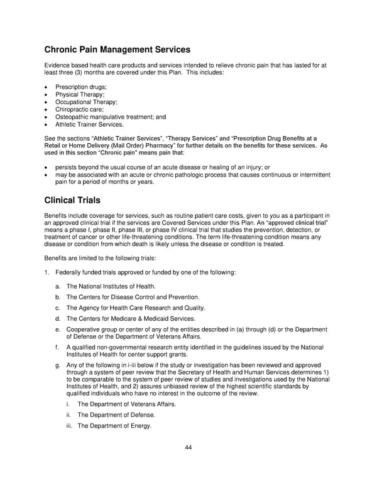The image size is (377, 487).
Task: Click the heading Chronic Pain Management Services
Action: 117,50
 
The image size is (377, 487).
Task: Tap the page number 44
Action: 188,447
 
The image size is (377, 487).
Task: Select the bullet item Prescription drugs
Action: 81,87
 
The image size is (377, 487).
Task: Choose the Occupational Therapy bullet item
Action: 86,102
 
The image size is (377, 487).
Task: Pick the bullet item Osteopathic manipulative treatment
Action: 111,117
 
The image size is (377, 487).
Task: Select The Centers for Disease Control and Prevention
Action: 133,297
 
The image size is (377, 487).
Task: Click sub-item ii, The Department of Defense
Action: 116,415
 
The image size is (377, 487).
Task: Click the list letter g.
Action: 58,366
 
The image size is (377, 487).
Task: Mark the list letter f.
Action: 57,347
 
